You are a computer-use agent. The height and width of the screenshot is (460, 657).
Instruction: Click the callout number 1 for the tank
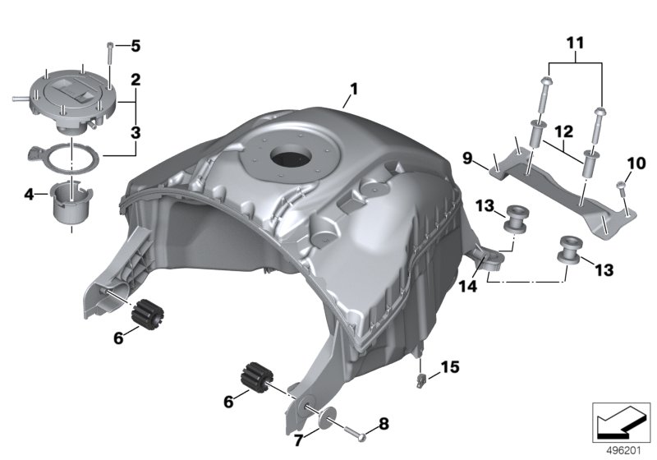coord(354,90)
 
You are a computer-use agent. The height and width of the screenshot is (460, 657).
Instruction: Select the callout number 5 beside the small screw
coord(136,46)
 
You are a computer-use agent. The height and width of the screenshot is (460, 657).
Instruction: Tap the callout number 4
coord(29,195)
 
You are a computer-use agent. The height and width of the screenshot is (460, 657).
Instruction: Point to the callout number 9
coord(467,159)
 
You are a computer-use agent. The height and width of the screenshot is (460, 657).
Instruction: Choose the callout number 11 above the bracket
coord(576,43)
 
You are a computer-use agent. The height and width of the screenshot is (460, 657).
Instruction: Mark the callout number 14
coord(467,287)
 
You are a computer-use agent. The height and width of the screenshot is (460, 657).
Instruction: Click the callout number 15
coord(450,367)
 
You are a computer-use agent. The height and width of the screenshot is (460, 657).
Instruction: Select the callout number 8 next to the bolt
coord(384,424)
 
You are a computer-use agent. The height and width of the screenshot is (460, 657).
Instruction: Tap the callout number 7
coord(298,441)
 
